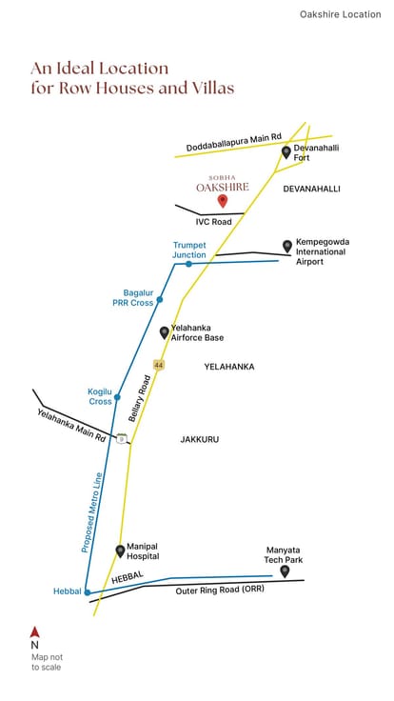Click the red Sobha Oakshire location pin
click(223, 201)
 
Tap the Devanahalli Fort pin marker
click(286, 152)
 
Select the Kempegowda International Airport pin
click(287, 246)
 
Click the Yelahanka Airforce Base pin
click(165, 332)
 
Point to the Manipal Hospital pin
click(120, 551)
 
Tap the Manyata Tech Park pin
click(285, 571)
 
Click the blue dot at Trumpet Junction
click(189, 264)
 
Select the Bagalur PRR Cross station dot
click(160, 299)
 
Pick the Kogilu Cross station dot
click(117, 397)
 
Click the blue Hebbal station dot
click(88, 592)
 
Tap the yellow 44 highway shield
click(158, 365)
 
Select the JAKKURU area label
click(200, 439)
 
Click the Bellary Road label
click(140, 398)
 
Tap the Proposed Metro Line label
click(92, 512)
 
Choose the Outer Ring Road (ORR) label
click(220, 591)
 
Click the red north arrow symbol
click(35, 632)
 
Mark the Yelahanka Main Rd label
click(71, 426)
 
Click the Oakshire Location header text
click(341, 14)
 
